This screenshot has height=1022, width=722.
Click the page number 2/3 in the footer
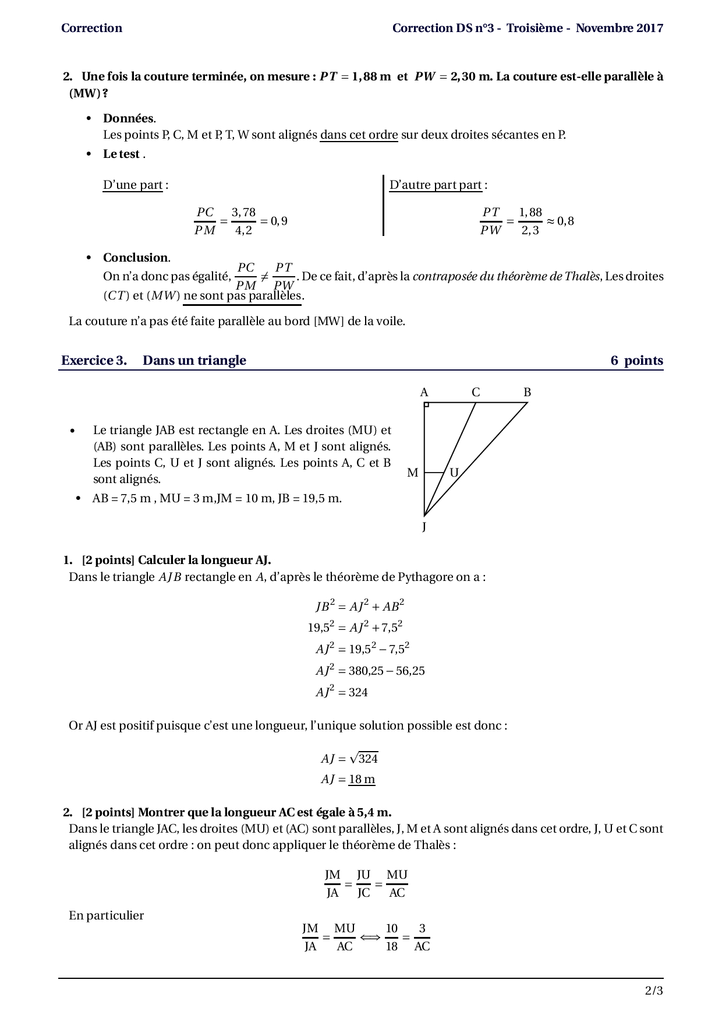tap(654, 991)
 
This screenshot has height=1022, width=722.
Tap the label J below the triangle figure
tap(424, 527)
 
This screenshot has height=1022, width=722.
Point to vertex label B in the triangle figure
tap(527, 392)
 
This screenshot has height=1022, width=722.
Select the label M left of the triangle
tap(413, 473)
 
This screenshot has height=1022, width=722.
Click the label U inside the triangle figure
tap(454, 473)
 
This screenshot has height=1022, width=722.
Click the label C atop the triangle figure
tap(476, 392)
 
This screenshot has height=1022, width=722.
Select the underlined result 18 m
tap(362, 779)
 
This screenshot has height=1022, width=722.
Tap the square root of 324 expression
tap(363, 758)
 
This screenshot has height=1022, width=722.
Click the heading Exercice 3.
tap(94, 360)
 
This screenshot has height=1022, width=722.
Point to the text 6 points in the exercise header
tap(636, 360)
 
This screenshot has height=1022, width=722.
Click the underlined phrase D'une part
tap(133, 185)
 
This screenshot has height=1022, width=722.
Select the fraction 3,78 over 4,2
tap(243, 221)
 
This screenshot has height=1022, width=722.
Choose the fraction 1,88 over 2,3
tap(530, 221)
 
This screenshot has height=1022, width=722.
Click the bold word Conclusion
tap(136, 258)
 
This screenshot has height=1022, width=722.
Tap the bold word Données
tap(129, 118)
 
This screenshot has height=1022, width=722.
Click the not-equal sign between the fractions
tap(264, 276)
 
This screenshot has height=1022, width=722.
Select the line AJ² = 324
tap(342, 692)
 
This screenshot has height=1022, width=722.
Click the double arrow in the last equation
tap(370, 938)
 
